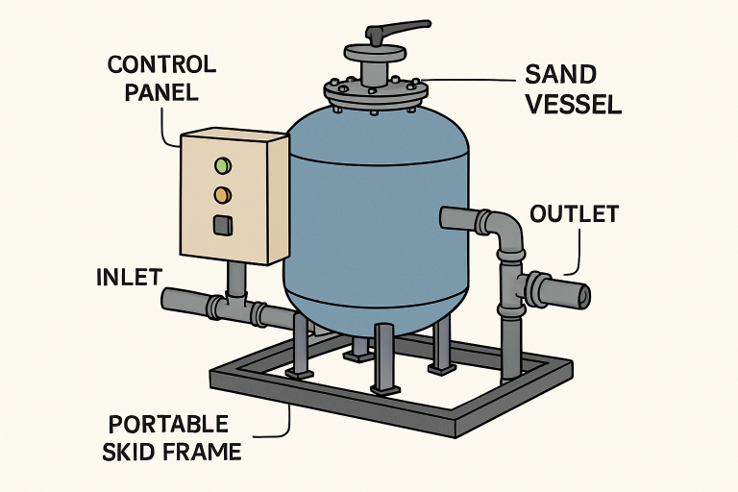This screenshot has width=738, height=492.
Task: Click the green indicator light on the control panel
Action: point(223,165)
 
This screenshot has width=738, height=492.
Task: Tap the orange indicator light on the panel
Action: point(223,195)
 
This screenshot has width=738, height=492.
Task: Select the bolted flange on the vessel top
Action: point(376,91)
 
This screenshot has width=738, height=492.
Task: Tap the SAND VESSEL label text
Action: point(573,88)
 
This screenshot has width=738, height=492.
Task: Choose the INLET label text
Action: point(129,278)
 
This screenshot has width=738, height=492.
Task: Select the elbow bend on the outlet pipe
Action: point(506,232)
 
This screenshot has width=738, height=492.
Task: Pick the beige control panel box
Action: point(234,197)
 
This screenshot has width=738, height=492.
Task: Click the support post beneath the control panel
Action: point(235,282)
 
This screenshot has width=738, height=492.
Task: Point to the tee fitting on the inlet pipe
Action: point(236,308)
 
